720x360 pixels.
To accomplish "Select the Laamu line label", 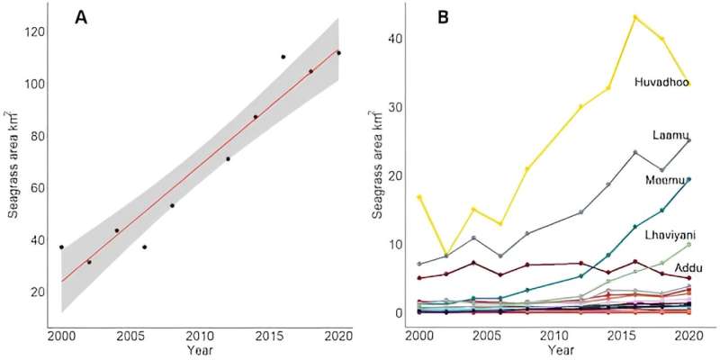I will pyautogui.click(x=670, y=135).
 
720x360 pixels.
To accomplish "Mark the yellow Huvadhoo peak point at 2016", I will pyautogui.click(x=635, y=17).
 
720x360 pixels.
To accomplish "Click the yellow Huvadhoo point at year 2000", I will pyautogui.click(x=419, y=197).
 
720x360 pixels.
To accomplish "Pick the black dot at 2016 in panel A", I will pyautogui.click(x=283, y=57).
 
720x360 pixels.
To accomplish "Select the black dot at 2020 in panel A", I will pyautogui.click(x=338, y=53).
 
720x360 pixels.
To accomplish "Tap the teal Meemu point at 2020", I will pyautogui.click(x=688, y=179).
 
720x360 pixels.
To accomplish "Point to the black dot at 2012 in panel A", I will pyautogui.click(x=228, y=159).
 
